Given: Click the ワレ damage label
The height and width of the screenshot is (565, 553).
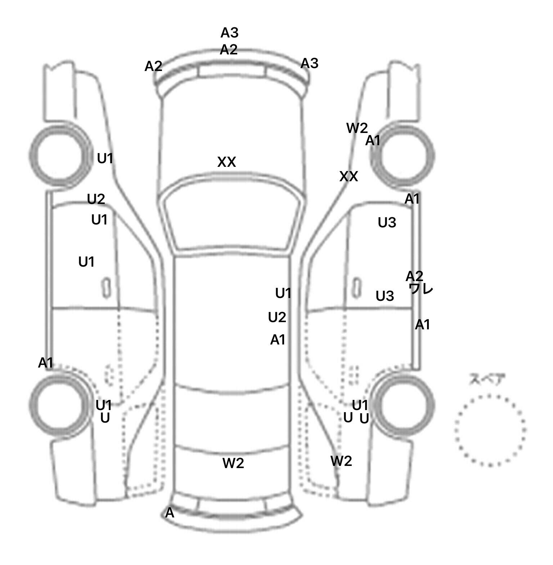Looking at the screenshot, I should (x=421, y=289).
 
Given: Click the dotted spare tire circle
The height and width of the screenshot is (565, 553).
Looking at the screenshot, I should (x=490, y=430).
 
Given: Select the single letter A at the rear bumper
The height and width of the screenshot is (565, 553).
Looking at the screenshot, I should (x=169, y=513).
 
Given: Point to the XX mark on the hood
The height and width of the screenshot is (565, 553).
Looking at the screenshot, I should (x=226, y=162).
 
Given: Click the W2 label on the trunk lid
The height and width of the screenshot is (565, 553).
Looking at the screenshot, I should (x=233, y=463).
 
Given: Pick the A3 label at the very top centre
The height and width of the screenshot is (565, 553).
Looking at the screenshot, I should (x=229, y=33).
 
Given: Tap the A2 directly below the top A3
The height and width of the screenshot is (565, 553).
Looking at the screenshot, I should (x=229, y=49).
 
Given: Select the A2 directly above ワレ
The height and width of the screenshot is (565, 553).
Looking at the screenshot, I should (x=414, y=276).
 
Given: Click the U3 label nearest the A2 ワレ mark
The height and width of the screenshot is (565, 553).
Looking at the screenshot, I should (x=385, y=296).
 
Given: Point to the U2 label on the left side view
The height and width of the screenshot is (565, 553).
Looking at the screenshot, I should (x=96, y=199).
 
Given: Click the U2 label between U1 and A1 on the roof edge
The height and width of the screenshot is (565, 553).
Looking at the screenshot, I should (x=277, y=317).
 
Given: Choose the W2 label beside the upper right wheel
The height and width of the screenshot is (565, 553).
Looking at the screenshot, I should (x=357, y=128).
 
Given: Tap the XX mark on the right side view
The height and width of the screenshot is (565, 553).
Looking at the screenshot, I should (x=349, y=177).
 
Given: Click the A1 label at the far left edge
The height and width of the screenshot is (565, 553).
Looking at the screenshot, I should (x=46, y=363).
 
